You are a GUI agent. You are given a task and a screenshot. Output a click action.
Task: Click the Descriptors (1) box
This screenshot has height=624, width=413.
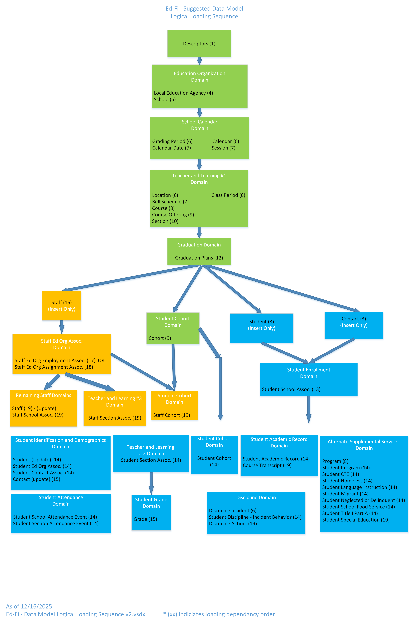tap(199, 44)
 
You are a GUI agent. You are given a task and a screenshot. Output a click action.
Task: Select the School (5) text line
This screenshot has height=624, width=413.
tap(165, 100)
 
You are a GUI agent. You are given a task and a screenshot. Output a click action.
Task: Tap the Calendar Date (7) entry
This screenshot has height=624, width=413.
tap(171, 148)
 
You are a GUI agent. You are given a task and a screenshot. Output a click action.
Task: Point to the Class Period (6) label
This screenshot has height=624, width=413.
tap(228, 195)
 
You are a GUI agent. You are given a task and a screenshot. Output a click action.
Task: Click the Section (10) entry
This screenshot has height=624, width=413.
tap(165, 221)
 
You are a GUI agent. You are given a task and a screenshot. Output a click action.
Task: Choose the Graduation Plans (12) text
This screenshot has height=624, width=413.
tap(199, 258)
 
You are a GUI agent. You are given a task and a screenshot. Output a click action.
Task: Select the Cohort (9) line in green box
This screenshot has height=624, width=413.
tap(160, 338)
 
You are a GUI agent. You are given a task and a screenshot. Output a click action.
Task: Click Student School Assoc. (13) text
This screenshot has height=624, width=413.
tap(291, 389)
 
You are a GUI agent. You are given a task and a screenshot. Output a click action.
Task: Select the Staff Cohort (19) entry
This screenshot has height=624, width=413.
tap(171, 415)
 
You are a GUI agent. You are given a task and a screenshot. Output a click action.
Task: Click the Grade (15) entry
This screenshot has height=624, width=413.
tap(145, 519)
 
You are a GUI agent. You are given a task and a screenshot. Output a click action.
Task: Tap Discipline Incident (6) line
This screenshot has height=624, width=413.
tap(233, 510)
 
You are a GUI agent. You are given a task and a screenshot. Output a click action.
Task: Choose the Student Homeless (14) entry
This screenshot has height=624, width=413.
tap(347, 481)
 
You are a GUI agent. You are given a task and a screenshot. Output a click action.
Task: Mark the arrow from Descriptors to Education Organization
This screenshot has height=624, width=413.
tap(199, 61)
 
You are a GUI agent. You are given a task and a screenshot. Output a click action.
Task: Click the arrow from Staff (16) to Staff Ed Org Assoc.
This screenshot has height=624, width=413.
tap(62, 327)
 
